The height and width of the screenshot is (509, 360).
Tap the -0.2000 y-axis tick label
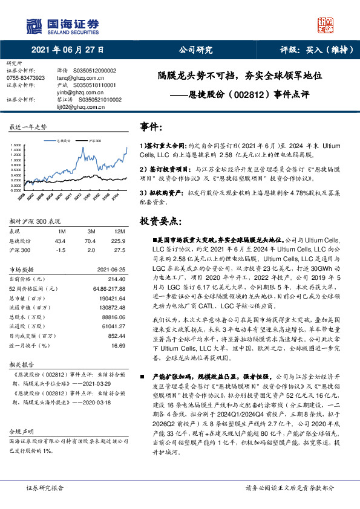coord(15,190)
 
